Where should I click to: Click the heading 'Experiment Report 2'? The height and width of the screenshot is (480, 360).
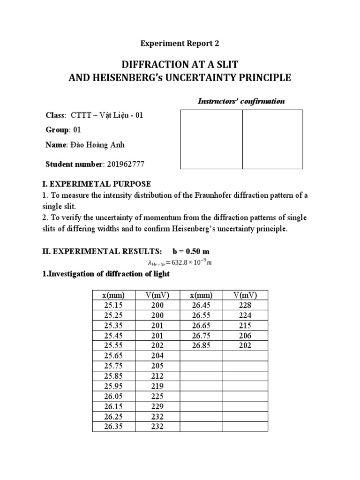coord(180,44)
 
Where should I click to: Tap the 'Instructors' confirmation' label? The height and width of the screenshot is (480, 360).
coord(241,101)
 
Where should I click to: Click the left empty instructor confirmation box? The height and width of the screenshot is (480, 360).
coord(211,139)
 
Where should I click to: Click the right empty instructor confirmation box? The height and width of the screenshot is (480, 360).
coord(272,139)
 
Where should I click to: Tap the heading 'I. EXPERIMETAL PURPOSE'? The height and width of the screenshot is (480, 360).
coord(97,184)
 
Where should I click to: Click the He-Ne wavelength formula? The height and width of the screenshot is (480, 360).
coord(180,262)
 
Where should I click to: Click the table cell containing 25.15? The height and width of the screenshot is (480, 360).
coord(114,305)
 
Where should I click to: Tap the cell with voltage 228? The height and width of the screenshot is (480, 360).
coord(245,305)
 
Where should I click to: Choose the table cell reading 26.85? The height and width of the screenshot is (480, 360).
coord(201,345)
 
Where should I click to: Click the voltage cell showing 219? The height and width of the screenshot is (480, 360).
coord(157,386)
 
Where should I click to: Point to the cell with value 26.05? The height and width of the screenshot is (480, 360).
coord(114,396)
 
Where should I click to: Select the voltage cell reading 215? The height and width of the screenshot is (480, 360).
coord(245,325)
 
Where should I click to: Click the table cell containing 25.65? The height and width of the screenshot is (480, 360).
coord(114,356)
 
